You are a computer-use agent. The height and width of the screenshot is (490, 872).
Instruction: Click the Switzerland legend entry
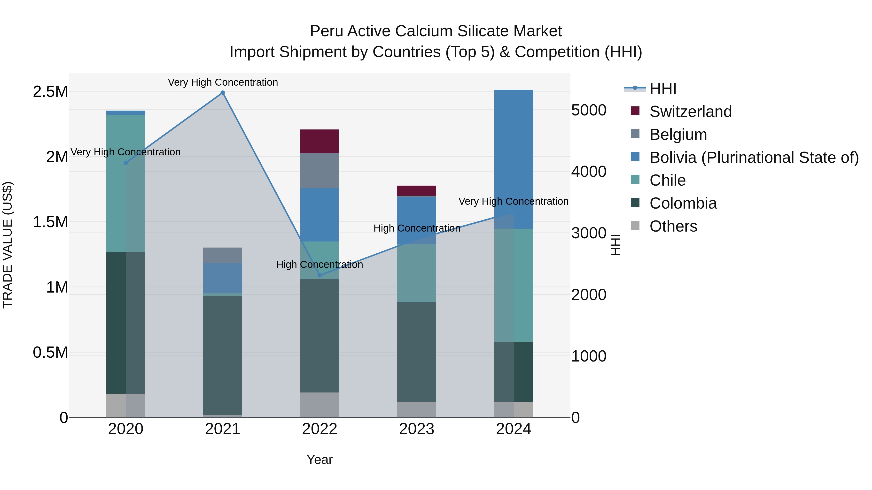pos(691,112)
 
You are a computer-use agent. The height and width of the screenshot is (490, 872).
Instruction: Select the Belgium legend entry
pos(678,135)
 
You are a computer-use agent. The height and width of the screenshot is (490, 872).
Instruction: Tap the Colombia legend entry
pos(683,203)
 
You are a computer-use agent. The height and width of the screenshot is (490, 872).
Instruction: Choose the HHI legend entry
pos(662,89)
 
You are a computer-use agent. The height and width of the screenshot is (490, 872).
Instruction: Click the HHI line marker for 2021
pos(223,93)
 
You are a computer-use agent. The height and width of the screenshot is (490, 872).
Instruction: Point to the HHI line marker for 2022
pos(319,275)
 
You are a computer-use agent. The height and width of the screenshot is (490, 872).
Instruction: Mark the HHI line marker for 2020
pos(125,163)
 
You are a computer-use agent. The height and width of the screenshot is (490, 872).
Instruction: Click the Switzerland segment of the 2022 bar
pos(319,141)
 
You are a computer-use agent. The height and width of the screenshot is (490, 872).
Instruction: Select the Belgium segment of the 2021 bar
pos(223,255)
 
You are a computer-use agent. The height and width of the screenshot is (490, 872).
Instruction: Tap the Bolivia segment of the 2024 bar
pos(514,159)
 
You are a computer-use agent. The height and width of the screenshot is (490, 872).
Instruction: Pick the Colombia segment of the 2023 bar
pos(417,352)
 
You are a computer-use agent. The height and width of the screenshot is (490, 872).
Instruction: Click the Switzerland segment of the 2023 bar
pos(417,191)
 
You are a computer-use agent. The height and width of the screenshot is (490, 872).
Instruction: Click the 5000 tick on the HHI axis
pos(589,110)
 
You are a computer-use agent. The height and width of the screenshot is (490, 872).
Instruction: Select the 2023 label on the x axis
pos(417,429)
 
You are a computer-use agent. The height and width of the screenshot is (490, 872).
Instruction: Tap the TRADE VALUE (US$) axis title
pos(8,245)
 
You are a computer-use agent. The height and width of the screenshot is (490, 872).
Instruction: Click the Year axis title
pos(319,460)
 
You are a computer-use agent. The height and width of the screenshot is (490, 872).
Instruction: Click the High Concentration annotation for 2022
pos(319,264)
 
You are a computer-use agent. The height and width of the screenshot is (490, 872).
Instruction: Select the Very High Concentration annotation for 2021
pos(223,82)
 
